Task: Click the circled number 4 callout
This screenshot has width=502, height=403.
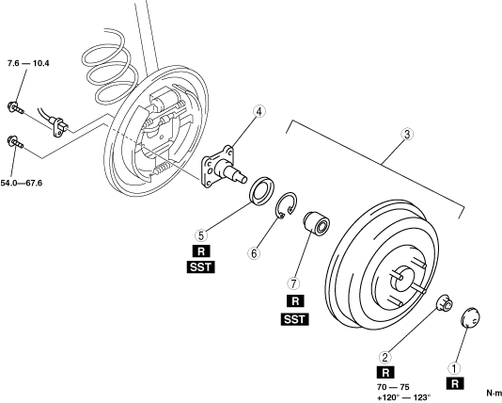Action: tap(259, 111)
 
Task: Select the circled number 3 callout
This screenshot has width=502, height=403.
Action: tap(407, 135)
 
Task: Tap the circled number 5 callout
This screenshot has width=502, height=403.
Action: tap(201, 235)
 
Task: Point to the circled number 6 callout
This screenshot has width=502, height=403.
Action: tap(254, 253)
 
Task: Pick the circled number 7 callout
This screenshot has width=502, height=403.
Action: tap(293, 283)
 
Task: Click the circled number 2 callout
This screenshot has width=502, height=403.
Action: tap(385, 357)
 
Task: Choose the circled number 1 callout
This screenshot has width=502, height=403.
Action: tap(455, 368)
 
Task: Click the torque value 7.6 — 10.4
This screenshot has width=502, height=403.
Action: tap(28, 63)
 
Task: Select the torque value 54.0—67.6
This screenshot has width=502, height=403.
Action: tap(21, 184)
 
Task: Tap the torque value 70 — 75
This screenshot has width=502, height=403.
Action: tap(393, 387)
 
